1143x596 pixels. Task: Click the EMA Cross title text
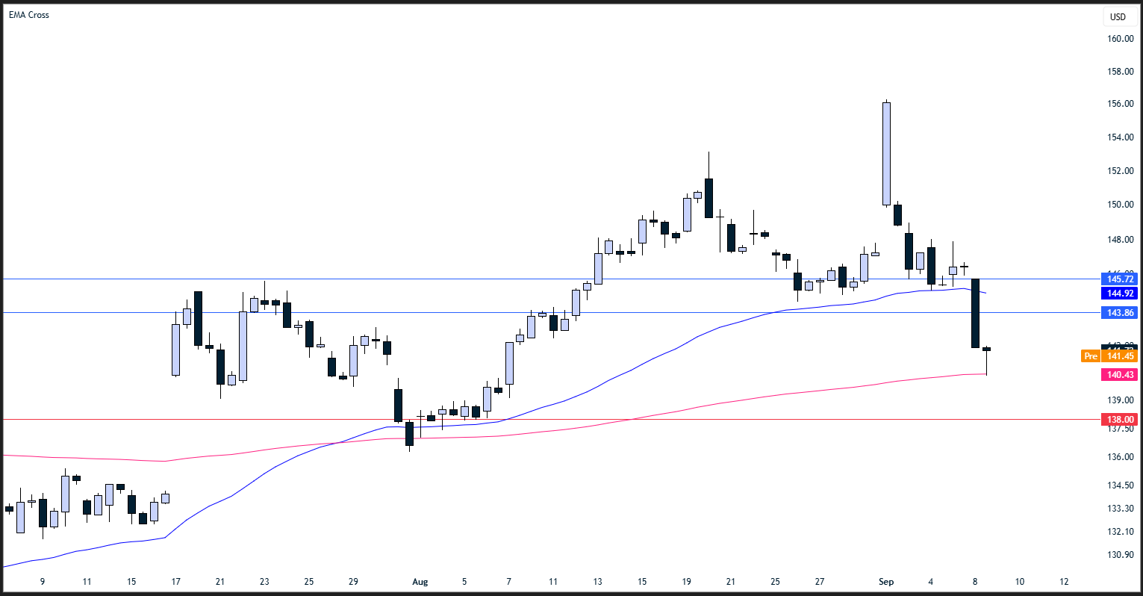[x=29, y=15]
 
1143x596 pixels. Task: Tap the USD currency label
[x=1118, y=17]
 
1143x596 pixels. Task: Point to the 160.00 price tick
[x=1120, y=39]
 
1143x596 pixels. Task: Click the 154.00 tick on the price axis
[x=1120, y=137]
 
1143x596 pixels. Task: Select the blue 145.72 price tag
[x=1120, y=279]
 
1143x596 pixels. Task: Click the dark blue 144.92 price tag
[x=1120, y=294]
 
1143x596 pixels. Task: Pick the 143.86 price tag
[x=1120, y=313]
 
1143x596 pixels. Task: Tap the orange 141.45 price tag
[x=1120, y=356]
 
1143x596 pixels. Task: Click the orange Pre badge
[x=1091, y=356]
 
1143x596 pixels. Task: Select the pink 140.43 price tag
[x=1120, y=375]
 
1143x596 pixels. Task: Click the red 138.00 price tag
[x=1120, y=420]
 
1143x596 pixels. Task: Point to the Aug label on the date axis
[x=420, y=582]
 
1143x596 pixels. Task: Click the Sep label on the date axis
[x=886, y=582]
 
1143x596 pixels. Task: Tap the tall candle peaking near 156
[x=886, y=153]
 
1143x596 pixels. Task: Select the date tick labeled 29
[x=354, y=582]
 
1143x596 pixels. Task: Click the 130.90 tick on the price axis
[x=1120, y=555]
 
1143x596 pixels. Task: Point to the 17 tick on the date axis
[x=176, y=582]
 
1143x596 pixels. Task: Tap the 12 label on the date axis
[x=1065, y=582]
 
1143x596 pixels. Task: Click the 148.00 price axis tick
[x=1120, y=240]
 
